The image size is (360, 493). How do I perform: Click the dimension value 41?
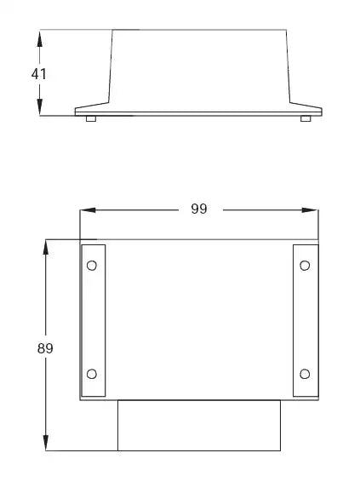(38, 74)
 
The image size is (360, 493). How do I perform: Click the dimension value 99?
(198, 209)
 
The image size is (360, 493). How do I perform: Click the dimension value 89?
(45, 347)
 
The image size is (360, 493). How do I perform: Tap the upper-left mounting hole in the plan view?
(92, 266)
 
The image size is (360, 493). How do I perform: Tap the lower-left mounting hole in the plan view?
(92, 375)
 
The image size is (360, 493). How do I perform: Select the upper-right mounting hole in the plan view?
(305, 266)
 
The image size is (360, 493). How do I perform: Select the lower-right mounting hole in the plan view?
(305, 375)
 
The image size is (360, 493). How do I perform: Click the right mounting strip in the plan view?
(305, 320)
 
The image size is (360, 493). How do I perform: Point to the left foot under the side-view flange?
(90, 119)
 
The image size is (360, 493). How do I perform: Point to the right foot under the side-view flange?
(306, 119)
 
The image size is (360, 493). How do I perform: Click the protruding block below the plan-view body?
(198, 425)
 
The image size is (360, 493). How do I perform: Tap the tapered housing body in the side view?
(200, 68)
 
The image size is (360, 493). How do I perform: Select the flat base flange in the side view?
(198, 111)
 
